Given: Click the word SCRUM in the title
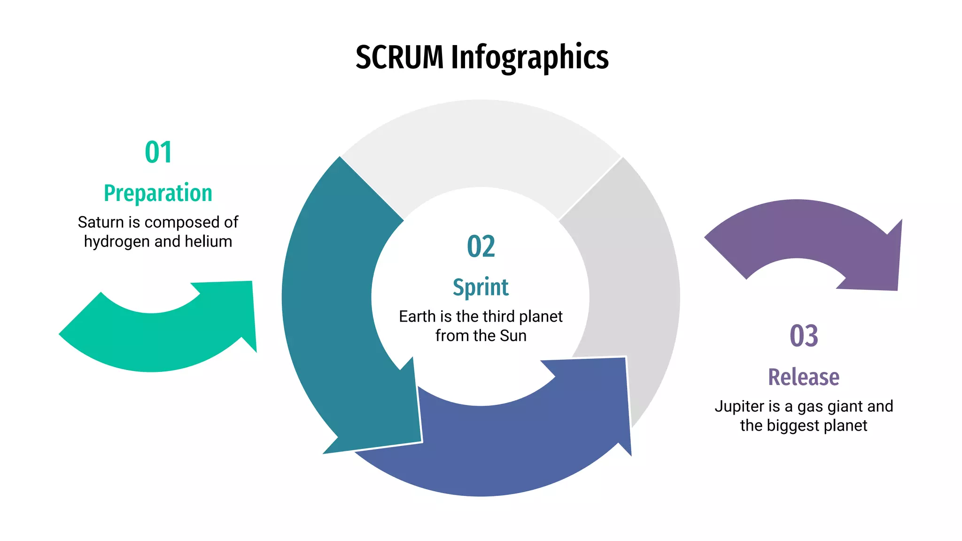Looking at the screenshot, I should pyautogui.click(x=399, y=58).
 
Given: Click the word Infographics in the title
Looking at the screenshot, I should pyautogui.click(x=529, y=58).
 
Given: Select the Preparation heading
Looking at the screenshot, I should pyautogui.click(x=158, y=193).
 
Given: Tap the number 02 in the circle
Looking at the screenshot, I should pyautogui.click(x=481, y=247).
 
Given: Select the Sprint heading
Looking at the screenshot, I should pyautogui.click(x=481, y=287).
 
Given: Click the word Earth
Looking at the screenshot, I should pyautogui.click(x=417, y=317).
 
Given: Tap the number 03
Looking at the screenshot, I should pyautogui.click(x=804, y=336).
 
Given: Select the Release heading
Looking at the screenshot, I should pyautogui.click(x=804, y=377).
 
